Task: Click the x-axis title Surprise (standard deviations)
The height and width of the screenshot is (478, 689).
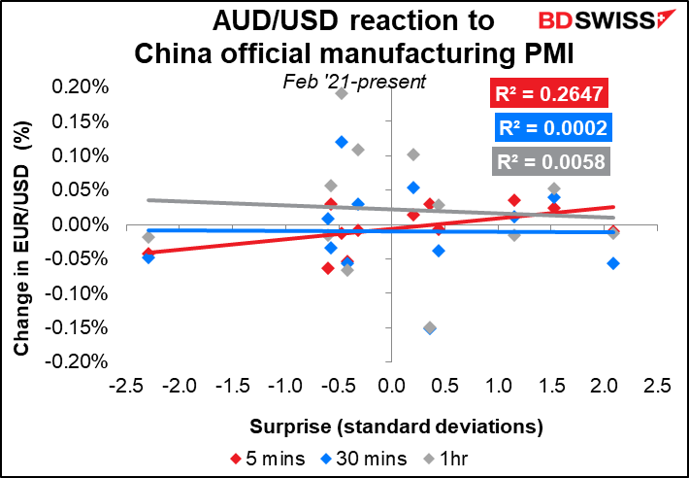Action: click(396, 427)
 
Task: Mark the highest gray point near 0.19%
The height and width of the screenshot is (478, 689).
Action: click(342, 93)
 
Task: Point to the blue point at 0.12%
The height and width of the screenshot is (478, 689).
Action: click(342, 142)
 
